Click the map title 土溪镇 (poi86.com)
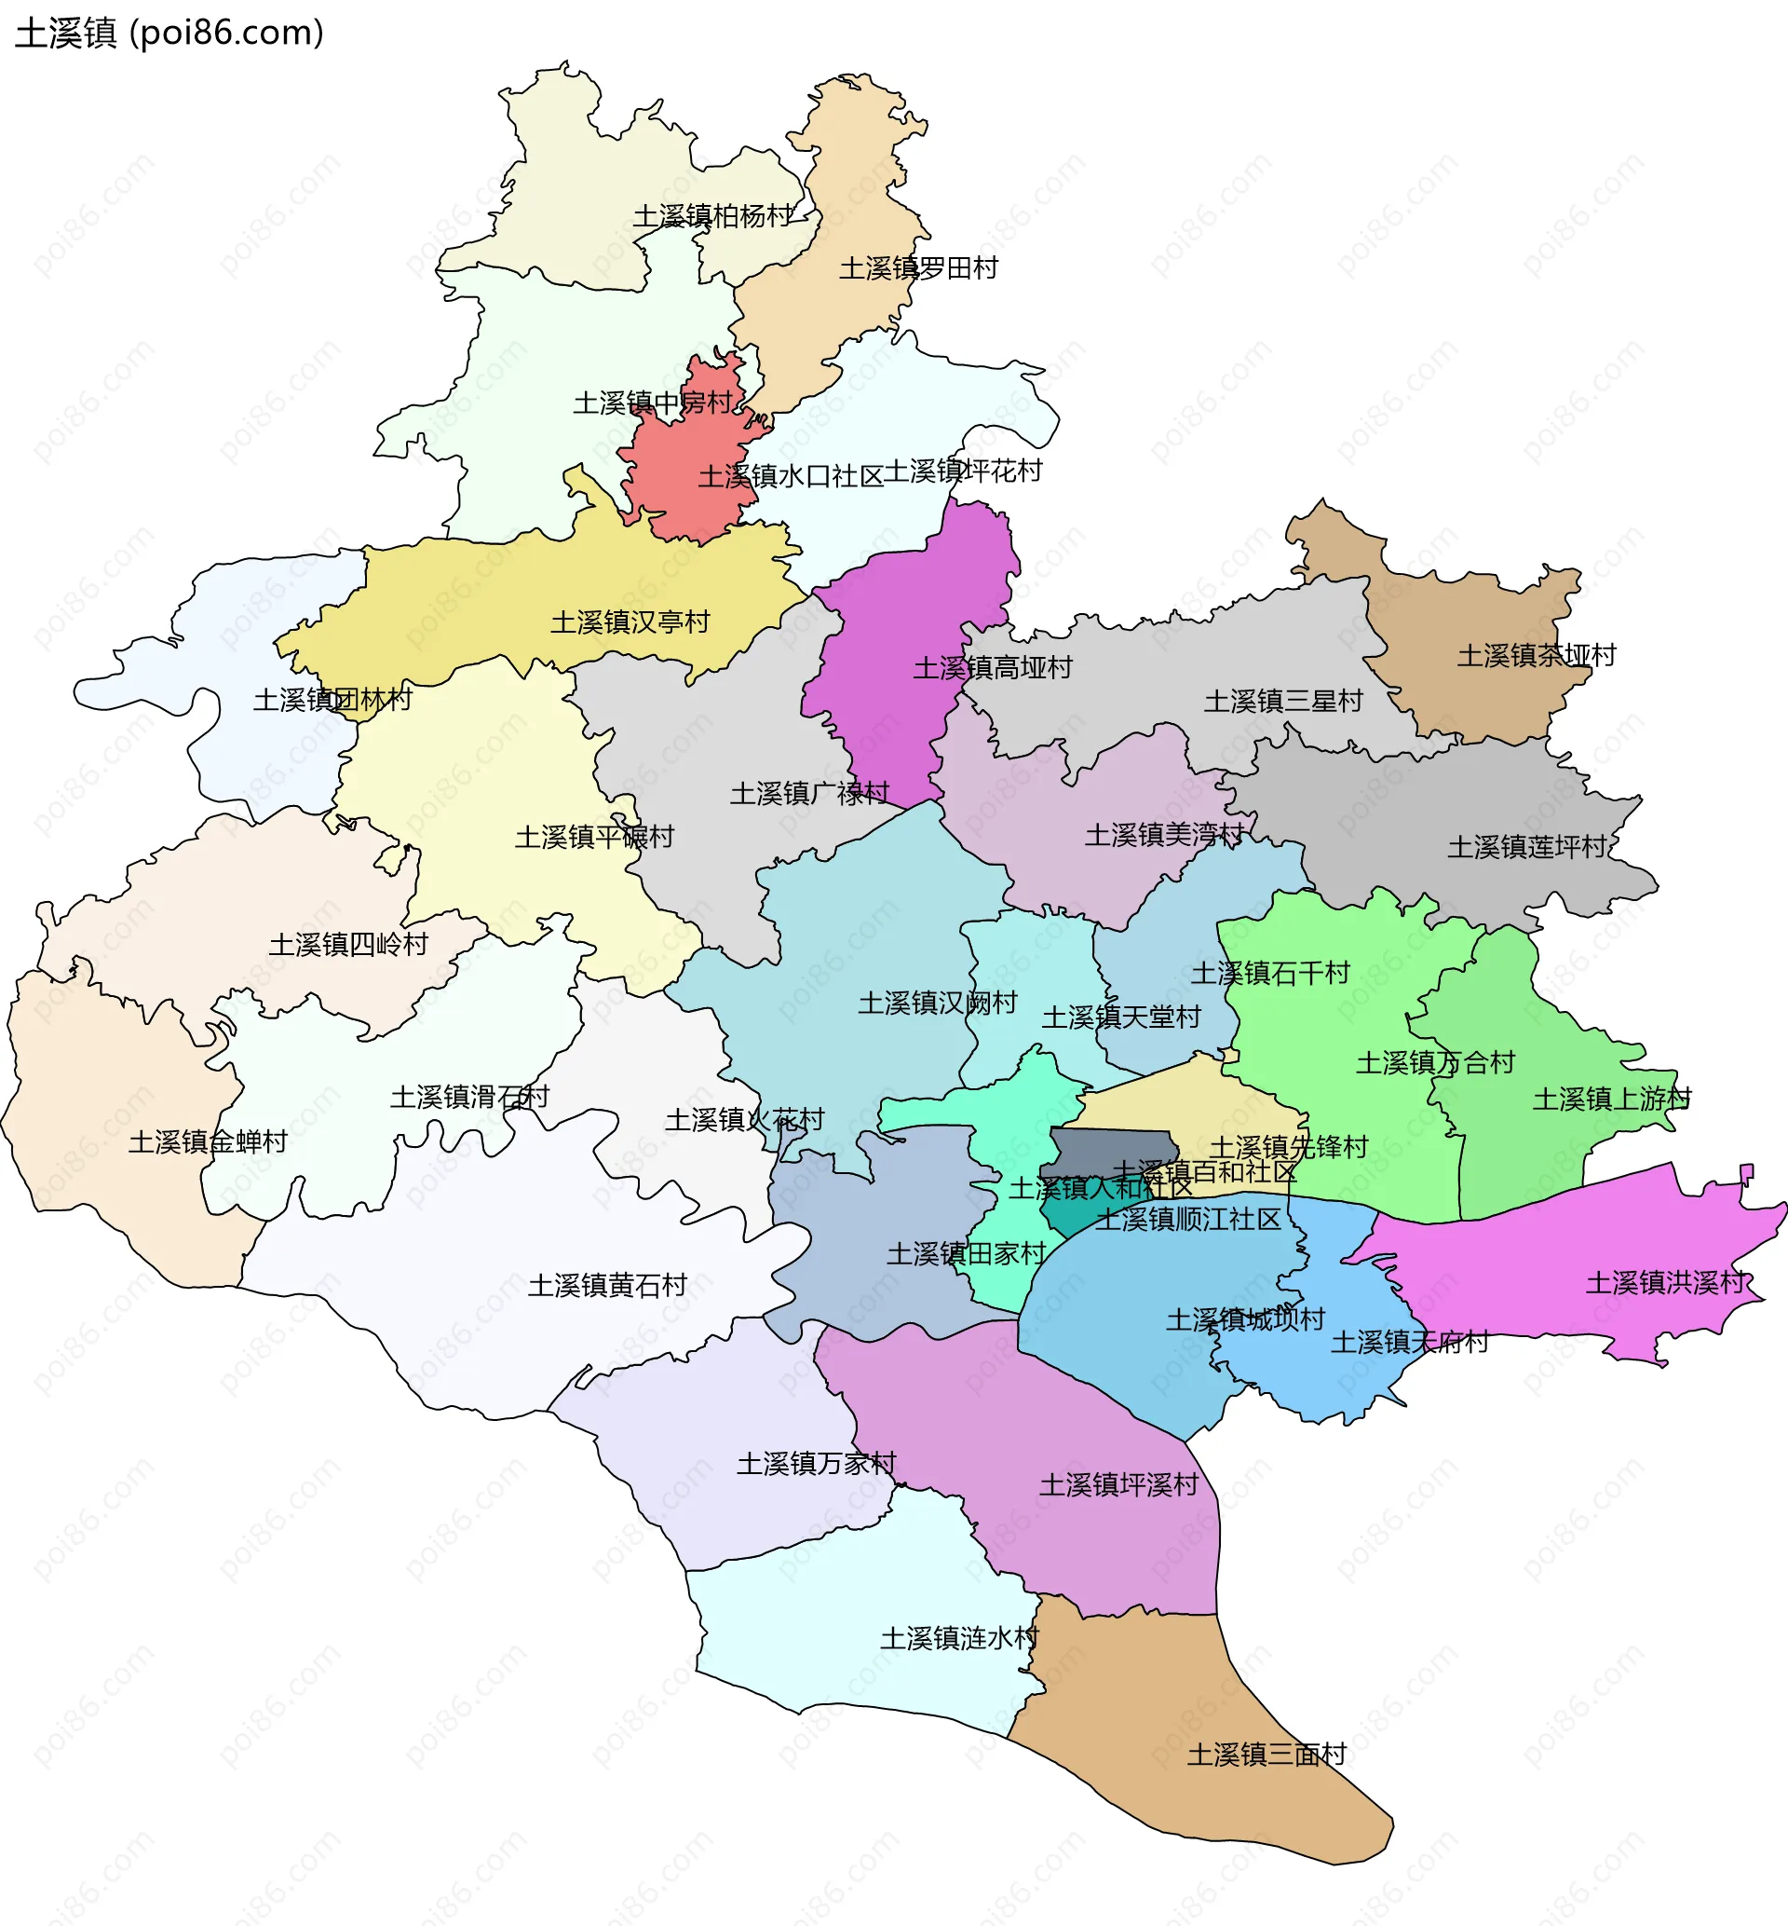tap(169, 33)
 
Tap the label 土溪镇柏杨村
tap(713, 216)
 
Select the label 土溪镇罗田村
tap(918, 268)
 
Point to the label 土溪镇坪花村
tap(963, 471)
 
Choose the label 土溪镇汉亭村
tap(630, 622)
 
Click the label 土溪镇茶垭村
tap(1537, 655)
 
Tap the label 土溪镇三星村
tap(1283, 701)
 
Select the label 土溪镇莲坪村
tap(1526, 847)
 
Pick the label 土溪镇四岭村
tap(348, 945)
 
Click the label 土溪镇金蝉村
tap(208, 1142)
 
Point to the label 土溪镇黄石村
tap(607, 1285)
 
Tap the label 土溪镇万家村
tap(817, 1464)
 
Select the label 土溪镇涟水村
tap(959, 1639)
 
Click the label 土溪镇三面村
tap(1266, 1755)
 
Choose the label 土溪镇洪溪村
tap(1665, 1283)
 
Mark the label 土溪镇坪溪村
tap(1118, 1484)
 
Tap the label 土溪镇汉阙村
tap(938, 1003)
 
